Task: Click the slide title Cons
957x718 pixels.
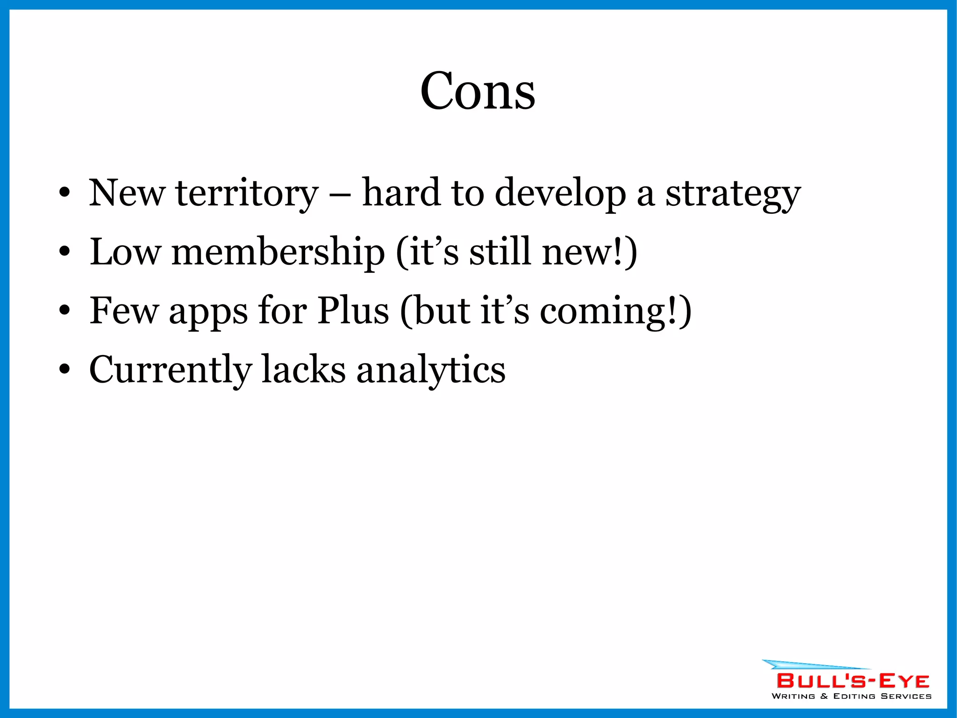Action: click(478, 91)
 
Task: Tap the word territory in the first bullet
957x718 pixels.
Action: click(247, 193)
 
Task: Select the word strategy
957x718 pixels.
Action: click(733, 194)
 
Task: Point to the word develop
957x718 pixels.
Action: click(560, 193)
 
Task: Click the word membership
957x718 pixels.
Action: click(278, 253)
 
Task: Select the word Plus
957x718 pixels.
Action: click(353, 311)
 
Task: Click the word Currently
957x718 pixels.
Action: click(170, 370)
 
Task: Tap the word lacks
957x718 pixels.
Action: click(303, 369)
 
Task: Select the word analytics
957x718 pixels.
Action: click(431, 370)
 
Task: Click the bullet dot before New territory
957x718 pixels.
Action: click(64, 193)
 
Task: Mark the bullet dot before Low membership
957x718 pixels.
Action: click(64, 252)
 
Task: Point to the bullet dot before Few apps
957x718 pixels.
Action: click(64, 311)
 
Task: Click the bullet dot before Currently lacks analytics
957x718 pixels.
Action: click(64, 370)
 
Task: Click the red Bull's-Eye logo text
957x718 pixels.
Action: click(852, 681)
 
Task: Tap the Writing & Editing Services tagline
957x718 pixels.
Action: click(851, 696)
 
